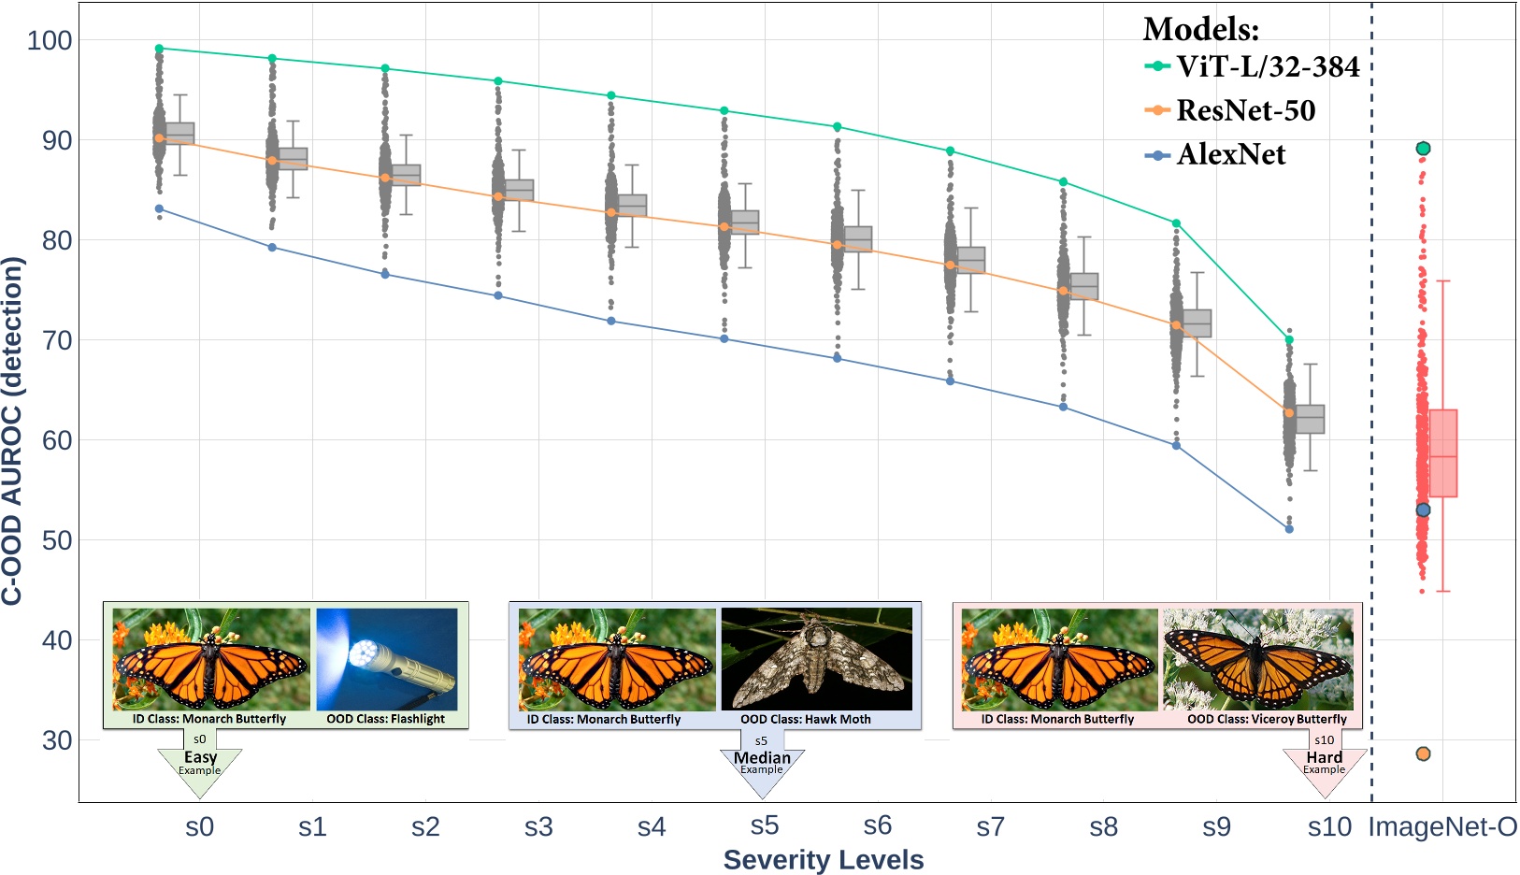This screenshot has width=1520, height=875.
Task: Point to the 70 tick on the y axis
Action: click(56, 340)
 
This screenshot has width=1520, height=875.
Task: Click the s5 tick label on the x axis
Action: click(764, 825)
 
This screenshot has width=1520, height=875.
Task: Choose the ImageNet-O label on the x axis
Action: click(1442, 827)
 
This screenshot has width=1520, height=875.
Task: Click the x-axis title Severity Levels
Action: click(823, 860)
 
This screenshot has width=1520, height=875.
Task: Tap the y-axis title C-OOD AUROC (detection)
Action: click(12, 431)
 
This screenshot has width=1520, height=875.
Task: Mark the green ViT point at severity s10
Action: click(1289, 340)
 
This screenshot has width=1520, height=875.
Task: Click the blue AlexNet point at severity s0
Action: click(159, 209)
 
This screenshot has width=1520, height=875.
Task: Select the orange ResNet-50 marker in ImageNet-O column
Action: click(1423, 753)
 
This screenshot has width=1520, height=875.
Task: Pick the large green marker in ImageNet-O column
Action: click(1423, 149)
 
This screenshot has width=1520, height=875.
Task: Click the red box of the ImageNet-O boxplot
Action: click(1442, 453)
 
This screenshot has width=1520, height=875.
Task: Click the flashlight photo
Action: click(387, 659)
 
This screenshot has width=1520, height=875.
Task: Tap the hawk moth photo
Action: click(816, 659)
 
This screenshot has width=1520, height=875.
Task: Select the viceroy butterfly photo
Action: click(1257, 659)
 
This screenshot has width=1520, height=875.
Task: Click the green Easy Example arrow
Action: click(200, 767)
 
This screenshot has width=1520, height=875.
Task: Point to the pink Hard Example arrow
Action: click(1325, 767)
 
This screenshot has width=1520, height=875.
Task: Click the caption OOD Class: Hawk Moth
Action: click(806, 719)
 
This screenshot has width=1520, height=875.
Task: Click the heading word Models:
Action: click(1200, 30)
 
